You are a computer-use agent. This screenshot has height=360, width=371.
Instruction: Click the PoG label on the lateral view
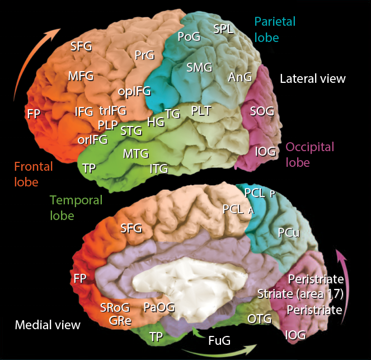[188, 38]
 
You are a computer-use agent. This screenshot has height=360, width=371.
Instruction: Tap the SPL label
[223, 30]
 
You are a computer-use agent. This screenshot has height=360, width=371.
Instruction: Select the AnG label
[240, 77]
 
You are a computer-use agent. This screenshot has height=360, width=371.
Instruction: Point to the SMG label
[199, 68]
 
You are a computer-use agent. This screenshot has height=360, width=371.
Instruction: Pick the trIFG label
[112, 111]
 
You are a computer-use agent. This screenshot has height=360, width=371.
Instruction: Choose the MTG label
[136, 153]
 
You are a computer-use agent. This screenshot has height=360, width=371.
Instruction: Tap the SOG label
[262, 111]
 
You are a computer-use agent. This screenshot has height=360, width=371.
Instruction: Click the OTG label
[259, 319]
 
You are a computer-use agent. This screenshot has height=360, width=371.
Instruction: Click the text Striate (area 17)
[300, 293]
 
